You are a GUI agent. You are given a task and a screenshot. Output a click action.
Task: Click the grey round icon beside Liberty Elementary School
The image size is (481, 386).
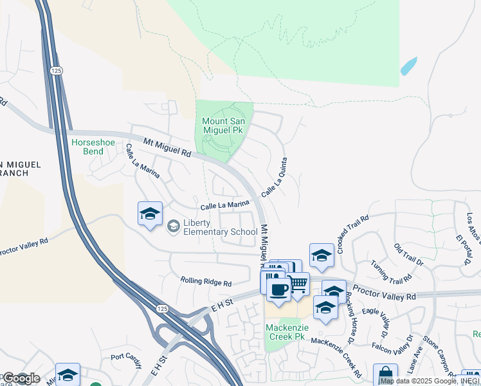point(172,226)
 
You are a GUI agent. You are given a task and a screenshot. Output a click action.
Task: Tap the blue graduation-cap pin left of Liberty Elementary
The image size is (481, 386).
point(150,214)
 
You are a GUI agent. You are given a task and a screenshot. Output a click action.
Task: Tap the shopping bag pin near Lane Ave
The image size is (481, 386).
point(385,375)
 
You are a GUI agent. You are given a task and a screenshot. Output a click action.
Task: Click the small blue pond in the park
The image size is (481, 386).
point(408,66)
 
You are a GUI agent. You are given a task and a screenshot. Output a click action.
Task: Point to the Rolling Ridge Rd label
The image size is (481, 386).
point(205,282)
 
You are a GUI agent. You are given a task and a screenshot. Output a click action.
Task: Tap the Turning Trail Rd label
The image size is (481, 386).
point(391,273)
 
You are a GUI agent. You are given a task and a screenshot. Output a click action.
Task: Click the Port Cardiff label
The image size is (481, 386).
point(126,357)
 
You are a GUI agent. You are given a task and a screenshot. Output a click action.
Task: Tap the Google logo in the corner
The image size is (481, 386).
point(21,378)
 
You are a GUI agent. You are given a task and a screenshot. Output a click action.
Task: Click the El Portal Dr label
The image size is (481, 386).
point(462,248)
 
